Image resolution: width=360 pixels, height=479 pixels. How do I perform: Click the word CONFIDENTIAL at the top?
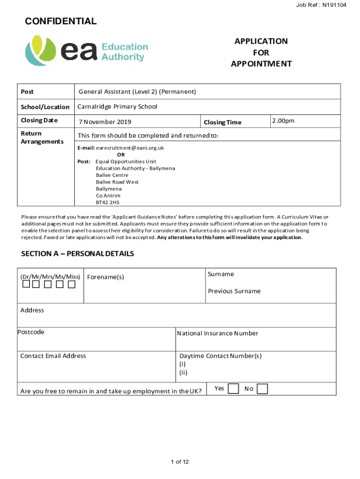click(61, 21)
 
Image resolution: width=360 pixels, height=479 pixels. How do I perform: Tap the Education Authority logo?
click(86, 52)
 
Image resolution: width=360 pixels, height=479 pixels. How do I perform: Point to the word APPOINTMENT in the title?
click(261, 64)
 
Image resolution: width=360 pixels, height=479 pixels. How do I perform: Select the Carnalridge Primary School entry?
click(117, 107)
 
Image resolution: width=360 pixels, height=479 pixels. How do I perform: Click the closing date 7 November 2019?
click(105, 122)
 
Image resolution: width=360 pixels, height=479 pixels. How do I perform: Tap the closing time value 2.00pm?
click(284, 121)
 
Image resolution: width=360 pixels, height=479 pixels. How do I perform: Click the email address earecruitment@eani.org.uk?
click(130, 148)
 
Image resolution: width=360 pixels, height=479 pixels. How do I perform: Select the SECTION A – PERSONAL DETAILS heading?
click(78, 254)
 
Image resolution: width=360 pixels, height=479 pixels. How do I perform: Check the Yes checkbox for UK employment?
click(233, 389)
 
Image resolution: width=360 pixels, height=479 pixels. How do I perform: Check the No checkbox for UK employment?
click(262, 389)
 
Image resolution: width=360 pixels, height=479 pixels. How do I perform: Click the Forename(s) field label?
click(106, 277)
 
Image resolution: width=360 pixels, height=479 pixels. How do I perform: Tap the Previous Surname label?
click(234, 291)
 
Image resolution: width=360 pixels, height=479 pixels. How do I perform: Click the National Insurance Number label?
click(217, 333)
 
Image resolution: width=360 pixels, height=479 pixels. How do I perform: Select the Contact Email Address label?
click(53, 356)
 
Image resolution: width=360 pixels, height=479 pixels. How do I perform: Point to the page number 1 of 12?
click(180, 462)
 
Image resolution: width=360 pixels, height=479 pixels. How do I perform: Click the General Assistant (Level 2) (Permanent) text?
click(137, 91)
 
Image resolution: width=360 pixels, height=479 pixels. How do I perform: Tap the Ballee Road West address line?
click(117, 182)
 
